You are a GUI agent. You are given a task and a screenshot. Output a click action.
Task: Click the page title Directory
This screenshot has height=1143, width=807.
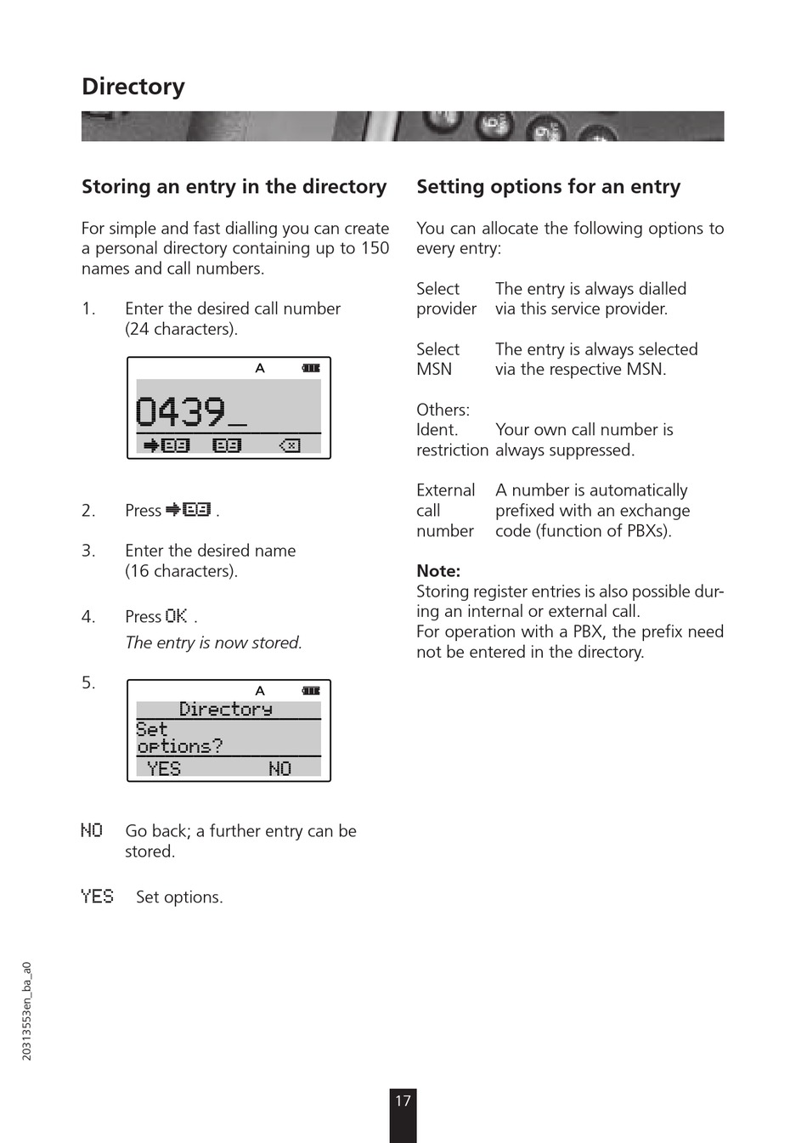point(133,87)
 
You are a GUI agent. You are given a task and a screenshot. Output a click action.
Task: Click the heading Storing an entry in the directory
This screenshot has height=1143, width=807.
point(234,187)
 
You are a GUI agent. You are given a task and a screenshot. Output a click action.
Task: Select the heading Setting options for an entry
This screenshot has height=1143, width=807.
point(548,187)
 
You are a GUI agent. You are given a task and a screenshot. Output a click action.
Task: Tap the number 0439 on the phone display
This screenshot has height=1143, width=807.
point(181,412)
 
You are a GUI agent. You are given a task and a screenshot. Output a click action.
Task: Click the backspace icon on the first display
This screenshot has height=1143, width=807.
point(290,445)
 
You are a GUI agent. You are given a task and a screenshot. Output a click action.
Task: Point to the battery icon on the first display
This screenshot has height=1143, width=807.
point(311,368)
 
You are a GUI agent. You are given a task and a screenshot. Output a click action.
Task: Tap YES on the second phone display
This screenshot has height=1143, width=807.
point(164,769)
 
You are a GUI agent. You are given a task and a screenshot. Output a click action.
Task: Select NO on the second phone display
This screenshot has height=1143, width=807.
point(279,769)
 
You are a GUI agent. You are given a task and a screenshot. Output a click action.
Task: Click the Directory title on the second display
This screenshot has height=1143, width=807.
point(226,710)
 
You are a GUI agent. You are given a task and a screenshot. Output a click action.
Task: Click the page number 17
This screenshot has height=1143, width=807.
point(403,1101)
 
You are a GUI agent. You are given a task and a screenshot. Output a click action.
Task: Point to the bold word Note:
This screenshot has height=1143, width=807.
point(438,571)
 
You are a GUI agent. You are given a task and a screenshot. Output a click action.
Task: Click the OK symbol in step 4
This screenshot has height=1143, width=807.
point(177,616)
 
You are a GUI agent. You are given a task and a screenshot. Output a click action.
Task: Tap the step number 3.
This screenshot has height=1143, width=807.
point(88,551)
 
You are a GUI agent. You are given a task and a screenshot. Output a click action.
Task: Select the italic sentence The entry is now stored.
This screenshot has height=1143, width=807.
point(213,642)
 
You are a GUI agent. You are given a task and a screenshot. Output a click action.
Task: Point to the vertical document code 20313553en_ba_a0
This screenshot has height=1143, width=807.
point(27,1011)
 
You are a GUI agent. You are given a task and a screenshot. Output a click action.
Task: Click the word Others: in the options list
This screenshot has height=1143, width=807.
point(443,410)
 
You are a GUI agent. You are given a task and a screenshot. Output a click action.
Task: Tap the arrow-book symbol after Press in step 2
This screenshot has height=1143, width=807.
point(189,510)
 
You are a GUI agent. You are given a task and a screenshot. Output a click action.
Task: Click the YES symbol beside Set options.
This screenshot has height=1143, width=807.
point(97,897)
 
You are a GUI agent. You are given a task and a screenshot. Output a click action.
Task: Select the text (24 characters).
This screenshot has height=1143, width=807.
point(181,329)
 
